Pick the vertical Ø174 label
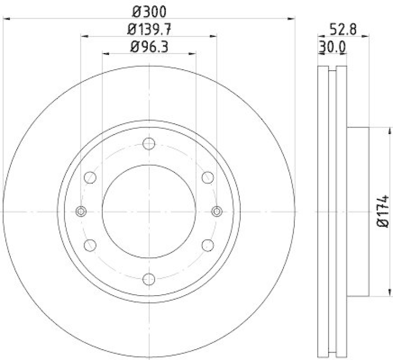[384, 211]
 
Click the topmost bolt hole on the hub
[149, 143]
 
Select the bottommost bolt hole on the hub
[149, 279]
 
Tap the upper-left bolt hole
[90, 177]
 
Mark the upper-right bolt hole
[208, 177]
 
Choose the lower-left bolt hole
[90, 245]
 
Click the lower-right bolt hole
[208, 245]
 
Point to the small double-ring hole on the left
[82, 211]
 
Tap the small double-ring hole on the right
[217, 211]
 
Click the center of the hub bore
[149, 211]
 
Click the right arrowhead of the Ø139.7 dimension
[214, 36]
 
